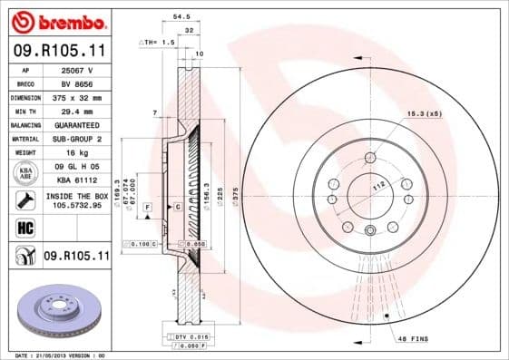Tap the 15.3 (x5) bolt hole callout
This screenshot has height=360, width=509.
424,112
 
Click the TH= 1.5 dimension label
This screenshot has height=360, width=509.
159,42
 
